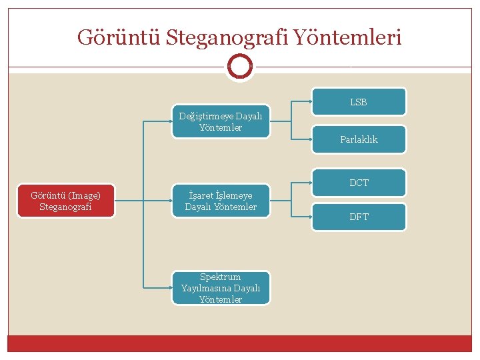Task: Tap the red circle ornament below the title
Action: [x=240, y=66]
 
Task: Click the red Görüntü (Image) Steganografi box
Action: [x=66, y=201]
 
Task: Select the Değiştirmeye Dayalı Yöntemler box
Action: [x=221, y=121]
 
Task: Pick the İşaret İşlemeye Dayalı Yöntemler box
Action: [x=221, y=201]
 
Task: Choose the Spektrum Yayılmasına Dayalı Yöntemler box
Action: [x=221, y=288]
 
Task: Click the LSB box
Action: [x=359, y=102]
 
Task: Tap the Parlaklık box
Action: [x=359, y=139]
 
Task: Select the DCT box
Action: [x=359, y=183]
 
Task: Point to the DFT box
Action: [x=359, y=217]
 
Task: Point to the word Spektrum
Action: [x=221, y=277]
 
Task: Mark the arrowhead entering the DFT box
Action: [x=311, y=217]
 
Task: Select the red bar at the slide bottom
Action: [x=240, y=343]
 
